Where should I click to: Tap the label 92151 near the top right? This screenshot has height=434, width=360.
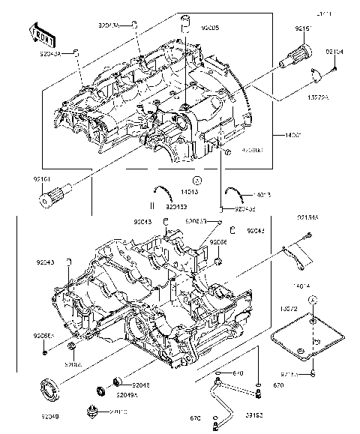pos(303,28)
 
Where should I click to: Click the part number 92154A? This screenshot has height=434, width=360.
pos(307,217)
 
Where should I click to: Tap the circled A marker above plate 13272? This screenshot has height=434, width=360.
pos(313,299)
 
